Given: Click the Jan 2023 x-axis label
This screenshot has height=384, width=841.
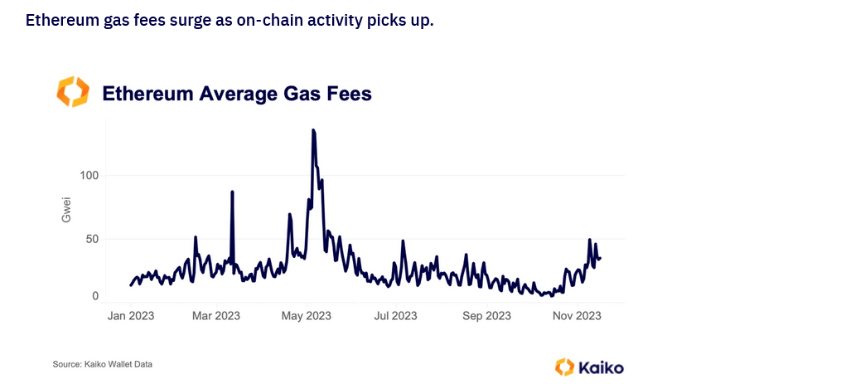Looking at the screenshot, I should point(131,316).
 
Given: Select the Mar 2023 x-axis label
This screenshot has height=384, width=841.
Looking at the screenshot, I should point(216,316).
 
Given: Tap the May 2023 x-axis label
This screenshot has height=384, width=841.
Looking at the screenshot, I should point(307,316).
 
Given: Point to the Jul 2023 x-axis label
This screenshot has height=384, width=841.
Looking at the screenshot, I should point(395,316).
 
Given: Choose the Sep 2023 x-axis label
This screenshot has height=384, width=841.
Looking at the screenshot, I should point(486,316).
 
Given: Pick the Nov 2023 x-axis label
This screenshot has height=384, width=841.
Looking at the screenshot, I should point(577,316).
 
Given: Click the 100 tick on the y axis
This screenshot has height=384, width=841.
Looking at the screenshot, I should point(89,176).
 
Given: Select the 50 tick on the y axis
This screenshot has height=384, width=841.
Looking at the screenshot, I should point(91,240).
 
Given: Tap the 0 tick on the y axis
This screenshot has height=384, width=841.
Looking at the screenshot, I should point(94,296).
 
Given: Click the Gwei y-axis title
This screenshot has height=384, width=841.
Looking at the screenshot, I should point(67,209).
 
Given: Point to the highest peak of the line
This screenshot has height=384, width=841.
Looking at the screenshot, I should point(313,130).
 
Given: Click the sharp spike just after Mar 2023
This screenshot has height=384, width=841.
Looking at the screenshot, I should point(232,192).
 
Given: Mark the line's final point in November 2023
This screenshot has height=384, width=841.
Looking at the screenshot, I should point(600,258).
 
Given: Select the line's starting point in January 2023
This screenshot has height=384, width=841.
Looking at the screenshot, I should point(131,285).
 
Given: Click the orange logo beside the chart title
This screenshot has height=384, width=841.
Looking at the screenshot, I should point(72,92).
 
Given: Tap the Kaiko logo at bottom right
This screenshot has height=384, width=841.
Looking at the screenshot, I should point(589,367).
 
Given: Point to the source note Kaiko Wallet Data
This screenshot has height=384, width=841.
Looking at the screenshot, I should point(103,364).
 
